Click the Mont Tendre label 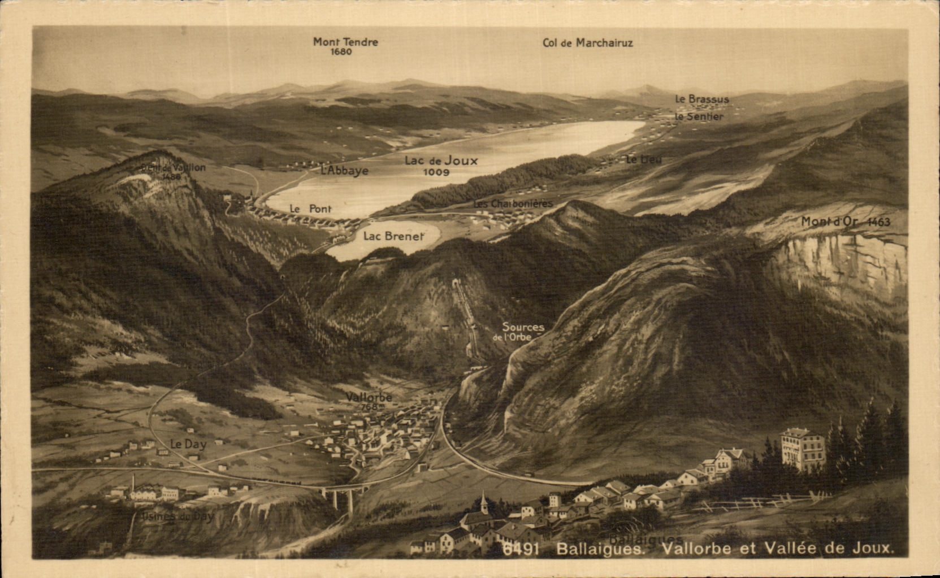coord(345,42)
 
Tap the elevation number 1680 coord(341,52)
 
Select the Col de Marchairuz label coord(587,43)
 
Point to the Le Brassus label coord(701,99)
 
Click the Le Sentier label coord(699,117)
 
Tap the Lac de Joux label coord(441,160)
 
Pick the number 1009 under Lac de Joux coord(436,172)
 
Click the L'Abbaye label coord(344,171)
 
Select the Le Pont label coord(310,208)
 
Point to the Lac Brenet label coord(393,236)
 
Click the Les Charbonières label coord(513,203)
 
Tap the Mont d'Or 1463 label coord(845,222)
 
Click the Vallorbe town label coord(369,397)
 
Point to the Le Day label coord(188,445)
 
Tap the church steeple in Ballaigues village coord(483,502)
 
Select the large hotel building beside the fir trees coord(802,449)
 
